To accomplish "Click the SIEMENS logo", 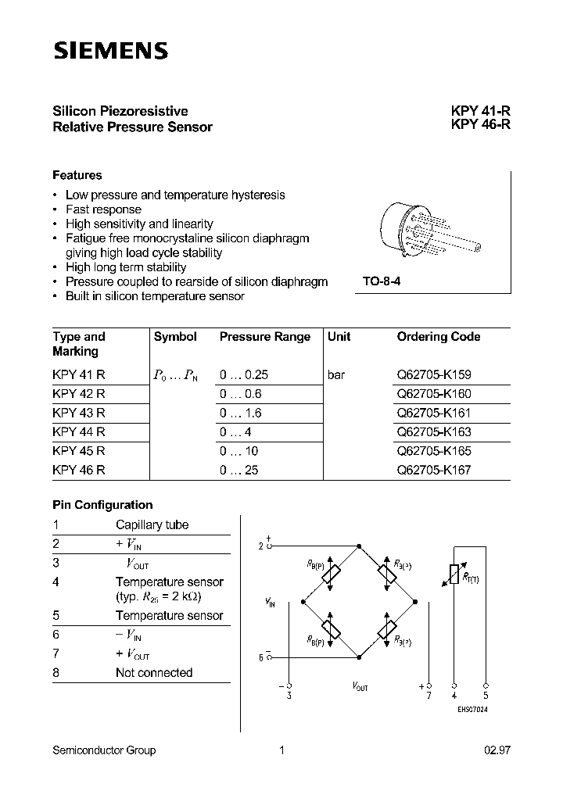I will [x=110, y=52].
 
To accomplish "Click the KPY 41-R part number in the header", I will [x=480, y=111].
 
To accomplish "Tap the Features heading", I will [x=77, y=175].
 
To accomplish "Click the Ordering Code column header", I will [x=439, y=337].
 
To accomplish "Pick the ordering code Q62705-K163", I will [x=434, y=432].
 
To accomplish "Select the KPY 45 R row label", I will [x=79, y=451].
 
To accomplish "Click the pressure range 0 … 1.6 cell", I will [x=241, y=413].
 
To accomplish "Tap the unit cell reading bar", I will [x=336, y=375].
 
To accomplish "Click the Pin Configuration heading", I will [x=102, y=505].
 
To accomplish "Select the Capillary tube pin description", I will [x=152, y=525].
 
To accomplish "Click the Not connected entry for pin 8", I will [x=154, y=672].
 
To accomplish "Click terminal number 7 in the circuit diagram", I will [x=429, y=695].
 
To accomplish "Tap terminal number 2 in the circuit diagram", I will [x=261, y=546].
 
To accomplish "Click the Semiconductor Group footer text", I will [x=104, y=750].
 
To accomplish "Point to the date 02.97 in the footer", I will [x=497, y=750].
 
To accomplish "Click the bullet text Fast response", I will [x=103, y=209].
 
